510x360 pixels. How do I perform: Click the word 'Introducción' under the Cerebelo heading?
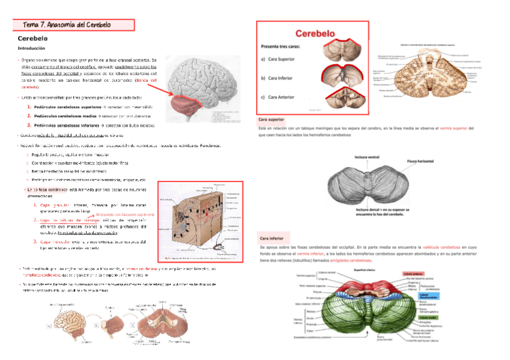point(31,48)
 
